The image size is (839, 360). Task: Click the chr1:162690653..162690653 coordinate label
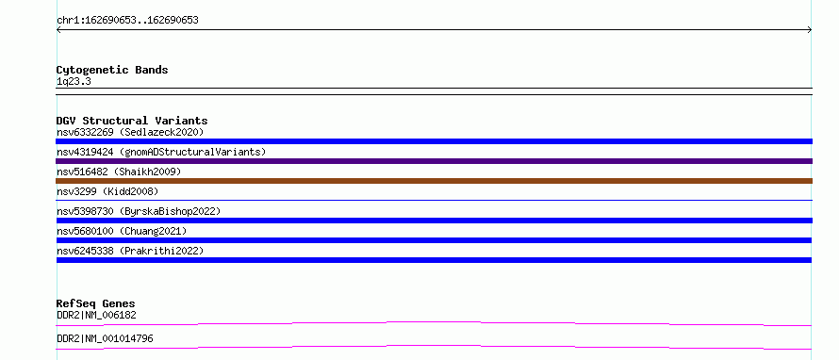click(127, 21)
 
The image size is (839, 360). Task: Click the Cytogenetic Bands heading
click(112, 70)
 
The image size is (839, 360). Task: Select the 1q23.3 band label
click(74, 81)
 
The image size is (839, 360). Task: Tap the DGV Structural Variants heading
click(132, 121)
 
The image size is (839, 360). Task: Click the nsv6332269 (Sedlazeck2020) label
click(130, 132)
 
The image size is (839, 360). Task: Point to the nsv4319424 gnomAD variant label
click(161, 152)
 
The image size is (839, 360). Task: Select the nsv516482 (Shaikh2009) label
click(119, 172)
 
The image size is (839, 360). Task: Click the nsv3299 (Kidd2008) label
click(107, 191)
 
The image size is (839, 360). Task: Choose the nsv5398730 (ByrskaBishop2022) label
click(139, 211)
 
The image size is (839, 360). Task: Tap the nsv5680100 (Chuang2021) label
click(122, 231)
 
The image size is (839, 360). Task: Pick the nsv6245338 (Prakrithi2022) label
click(130, 251)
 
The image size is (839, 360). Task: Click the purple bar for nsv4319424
click(434, 161)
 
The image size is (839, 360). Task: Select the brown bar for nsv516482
click(434, 181)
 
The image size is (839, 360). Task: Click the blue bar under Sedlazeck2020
click(434, 141)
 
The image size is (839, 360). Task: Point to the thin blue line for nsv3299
click(434, 200)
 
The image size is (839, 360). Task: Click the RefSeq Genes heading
click(96, 303)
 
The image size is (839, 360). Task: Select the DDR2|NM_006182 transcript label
click(96, 315)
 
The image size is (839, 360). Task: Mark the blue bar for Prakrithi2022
click(434, 260)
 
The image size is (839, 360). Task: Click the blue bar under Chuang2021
click(434, 240)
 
